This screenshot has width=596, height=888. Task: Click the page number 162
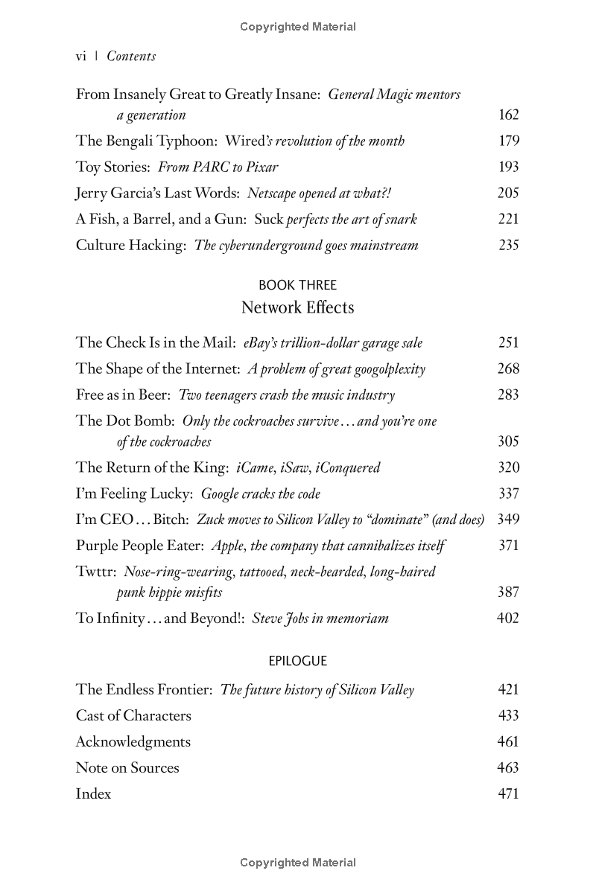coord(508,115)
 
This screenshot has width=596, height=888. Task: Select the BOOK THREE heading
coord(297,285)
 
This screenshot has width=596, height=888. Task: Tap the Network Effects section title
coord(297,307)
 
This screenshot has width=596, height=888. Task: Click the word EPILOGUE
coord(297,661)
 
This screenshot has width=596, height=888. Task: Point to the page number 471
coord(508,794)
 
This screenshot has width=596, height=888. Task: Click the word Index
coord(93,794)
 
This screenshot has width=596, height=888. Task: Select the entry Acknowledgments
coord(133,742)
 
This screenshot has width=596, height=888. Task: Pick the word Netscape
coord(273,194)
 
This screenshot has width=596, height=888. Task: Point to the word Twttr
coord(95,572)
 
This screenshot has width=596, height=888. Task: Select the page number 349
coord(508,520)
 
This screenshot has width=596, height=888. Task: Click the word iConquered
coord(347,468)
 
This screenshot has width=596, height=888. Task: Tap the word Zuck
coord(211,520)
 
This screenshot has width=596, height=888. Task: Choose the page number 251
coord(508,343)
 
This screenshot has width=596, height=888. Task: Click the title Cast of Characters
coord(133,716)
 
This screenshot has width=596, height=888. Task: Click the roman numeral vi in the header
coord(82,57)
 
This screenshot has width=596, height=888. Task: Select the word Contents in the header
coord(131,57)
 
